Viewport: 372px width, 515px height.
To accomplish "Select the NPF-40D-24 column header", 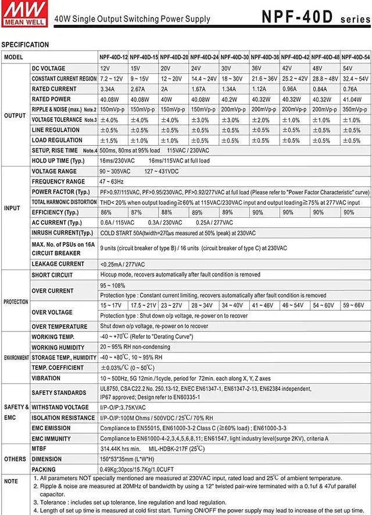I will [x=204, y=57].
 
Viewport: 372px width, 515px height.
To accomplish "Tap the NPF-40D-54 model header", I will [x=355, y=57].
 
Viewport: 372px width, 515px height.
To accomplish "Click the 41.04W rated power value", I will [x=352, y=99].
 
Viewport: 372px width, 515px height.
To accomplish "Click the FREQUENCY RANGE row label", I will [x=58, y=182].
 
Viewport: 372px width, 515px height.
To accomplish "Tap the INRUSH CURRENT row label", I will [x=62, y=233].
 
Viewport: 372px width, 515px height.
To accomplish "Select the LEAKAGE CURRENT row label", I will [x=58, y=264].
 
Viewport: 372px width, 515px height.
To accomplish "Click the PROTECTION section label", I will [x=16, y=302].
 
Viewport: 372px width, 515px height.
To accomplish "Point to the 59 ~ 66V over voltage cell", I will [x=354, y=305].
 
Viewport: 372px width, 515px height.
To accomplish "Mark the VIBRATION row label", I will [x=46, y=377].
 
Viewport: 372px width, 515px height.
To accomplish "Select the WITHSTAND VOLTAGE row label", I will [x=60, y=408].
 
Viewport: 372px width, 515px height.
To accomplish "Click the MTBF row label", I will [x=40, y=449].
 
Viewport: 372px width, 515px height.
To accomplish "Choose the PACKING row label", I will [x=44, y=469].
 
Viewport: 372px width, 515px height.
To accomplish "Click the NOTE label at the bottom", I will [x=11, y=481].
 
